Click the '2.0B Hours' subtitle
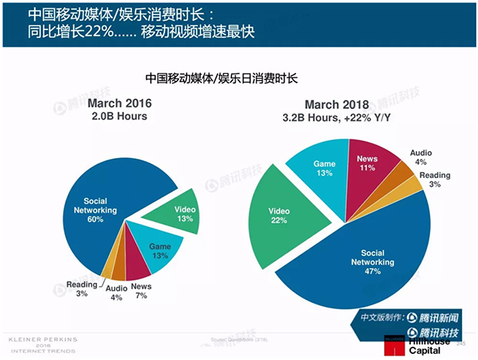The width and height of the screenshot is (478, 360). click(119, 117)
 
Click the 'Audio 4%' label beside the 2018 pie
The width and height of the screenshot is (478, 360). click(421, 157)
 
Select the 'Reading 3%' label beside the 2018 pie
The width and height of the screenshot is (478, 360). click(436, 180)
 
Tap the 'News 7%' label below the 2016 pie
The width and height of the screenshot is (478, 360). click(142, 291)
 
